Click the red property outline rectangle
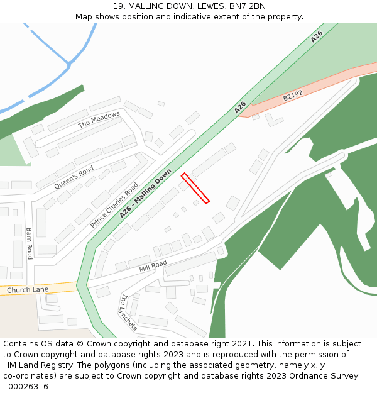[195, 188]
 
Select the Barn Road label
[29, 243]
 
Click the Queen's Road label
[74, 177]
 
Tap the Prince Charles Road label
[114, 205]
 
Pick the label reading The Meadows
[99, 119]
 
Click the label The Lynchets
[128, 312]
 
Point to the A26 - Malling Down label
[145, 194]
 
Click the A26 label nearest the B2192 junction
[240, 108]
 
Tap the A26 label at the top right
[316, 36]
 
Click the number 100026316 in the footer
[26, 386]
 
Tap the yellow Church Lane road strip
[57, 288]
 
